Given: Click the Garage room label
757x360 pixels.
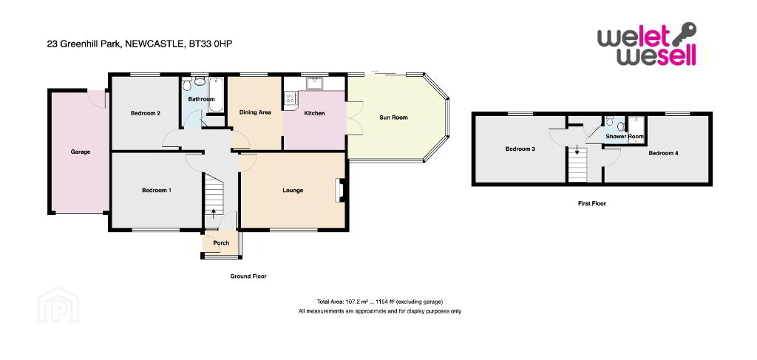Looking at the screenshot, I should coord(81,152).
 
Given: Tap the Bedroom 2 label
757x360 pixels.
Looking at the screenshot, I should coord(146,113).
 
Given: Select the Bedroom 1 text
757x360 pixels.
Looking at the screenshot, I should coord(157,190).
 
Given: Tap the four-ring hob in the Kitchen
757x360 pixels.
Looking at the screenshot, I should coord(291,97).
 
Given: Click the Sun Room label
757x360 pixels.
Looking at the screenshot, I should coord(393,118).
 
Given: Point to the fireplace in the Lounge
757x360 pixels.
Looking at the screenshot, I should coord(340,190).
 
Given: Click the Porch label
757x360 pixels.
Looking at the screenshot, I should coord(220,242).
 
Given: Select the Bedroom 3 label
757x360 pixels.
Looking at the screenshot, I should coord(520,149).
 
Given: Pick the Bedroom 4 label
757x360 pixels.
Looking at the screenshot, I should coord(663,153).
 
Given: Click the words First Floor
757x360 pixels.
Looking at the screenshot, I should coord(592,203).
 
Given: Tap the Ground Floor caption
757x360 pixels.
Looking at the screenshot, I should coord(248,276).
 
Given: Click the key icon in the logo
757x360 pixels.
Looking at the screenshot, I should coord(685,33).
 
